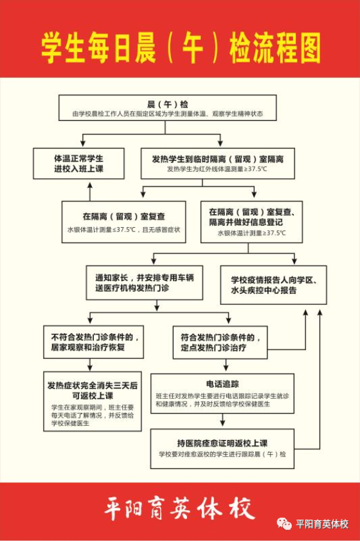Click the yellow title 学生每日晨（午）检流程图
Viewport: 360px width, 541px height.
(x=181, y=48)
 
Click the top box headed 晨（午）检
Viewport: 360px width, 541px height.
(x=168, y=107)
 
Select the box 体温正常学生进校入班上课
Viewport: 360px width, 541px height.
(x=78, y=163)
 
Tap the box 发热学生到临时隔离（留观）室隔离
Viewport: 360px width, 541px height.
(x=217, y=163)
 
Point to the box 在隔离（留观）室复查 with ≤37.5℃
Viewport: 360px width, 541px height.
(x=124, y=222)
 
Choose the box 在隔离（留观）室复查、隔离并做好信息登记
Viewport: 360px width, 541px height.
(x=252, y=222)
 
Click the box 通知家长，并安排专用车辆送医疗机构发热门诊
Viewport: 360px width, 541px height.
(x=145, y=282)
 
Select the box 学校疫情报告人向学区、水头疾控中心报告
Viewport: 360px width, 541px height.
(x=273, y=285)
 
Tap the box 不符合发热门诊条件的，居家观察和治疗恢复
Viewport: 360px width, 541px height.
(x=93, y=342)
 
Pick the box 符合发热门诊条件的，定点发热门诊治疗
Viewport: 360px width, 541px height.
(x=221, y=343)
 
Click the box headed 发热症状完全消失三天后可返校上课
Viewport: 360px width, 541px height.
(x=93, y=401)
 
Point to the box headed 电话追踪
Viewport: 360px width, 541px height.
(x=222, y=393)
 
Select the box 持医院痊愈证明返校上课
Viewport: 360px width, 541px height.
(x=222, y=448)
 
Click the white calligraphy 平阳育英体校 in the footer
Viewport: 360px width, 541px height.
(x=180, y=509)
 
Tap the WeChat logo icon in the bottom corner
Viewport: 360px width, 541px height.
(x=284, y=524)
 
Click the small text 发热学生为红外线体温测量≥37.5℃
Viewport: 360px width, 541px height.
(x=217, y=169)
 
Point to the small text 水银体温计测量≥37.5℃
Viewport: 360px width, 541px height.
(x=252, y=233)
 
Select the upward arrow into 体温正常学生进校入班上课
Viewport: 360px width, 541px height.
(x=90, y=192)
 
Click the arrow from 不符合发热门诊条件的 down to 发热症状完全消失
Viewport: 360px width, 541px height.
(x=90, y=365)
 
